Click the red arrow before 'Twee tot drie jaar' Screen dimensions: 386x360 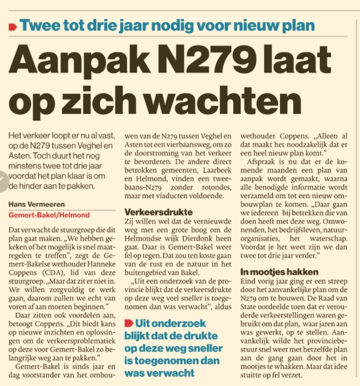(13, 26)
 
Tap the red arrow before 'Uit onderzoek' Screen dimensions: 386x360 (129, 323)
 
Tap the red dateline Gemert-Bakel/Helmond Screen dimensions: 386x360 (49, 215)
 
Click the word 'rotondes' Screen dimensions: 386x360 (217, 187)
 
